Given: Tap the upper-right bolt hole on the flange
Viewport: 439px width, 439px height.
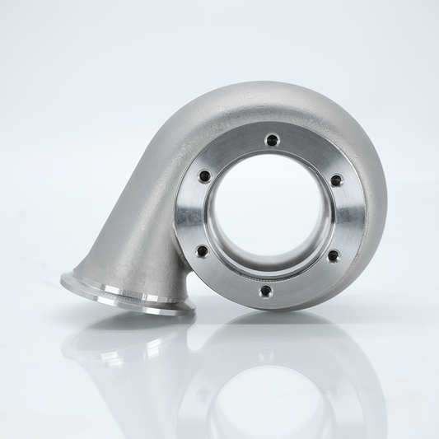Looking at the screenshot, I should (336, 180).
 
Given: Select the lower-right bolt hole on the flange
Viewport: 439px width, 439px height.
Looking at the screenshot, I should (333, 256).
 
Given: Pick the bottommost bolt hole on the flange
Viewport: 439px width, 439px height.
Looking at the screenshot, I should (265, 291).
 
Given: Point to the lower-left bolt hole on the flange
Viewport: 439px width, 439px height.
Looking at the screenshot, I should (202, 251).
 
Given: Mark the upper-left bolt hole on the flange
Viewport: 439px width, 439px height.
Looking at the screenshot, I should (203, 175).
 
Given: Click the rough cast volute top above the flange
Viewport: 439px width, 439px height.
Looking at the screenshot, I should (272, 103).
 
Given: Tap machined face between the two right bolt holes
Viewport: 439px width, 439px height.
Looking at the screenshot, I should (346, 218).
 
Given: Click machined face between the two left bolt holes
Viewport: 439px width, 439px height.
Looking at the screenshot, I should (191, 214).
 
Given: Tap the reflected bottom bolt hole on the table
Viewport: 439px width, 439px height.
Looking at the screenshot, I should (265, 355).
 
